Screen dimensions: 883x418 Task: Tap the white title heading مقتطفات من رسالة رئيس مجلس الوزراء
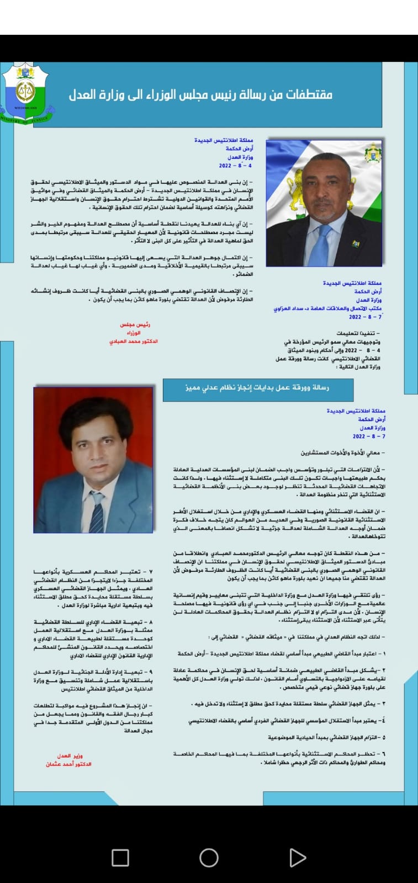point(200,95)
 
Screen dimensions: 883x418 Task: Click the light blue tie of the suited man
point(321,245)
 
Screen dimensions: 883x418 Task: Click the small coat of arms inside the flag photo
point(373,153)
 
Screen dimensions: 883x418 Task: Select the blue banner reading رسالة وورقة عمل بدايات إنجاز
point(257,388)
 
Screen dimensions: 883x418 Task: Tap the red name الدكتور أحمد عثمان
point(68,764)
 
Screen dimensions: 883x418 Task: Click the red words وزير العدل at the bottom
point(70,756)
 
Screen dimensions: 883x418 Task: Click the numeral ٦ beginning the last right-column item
point(384,753)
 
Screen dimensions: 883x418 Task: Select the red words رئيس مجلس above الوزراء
point(135,325)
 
